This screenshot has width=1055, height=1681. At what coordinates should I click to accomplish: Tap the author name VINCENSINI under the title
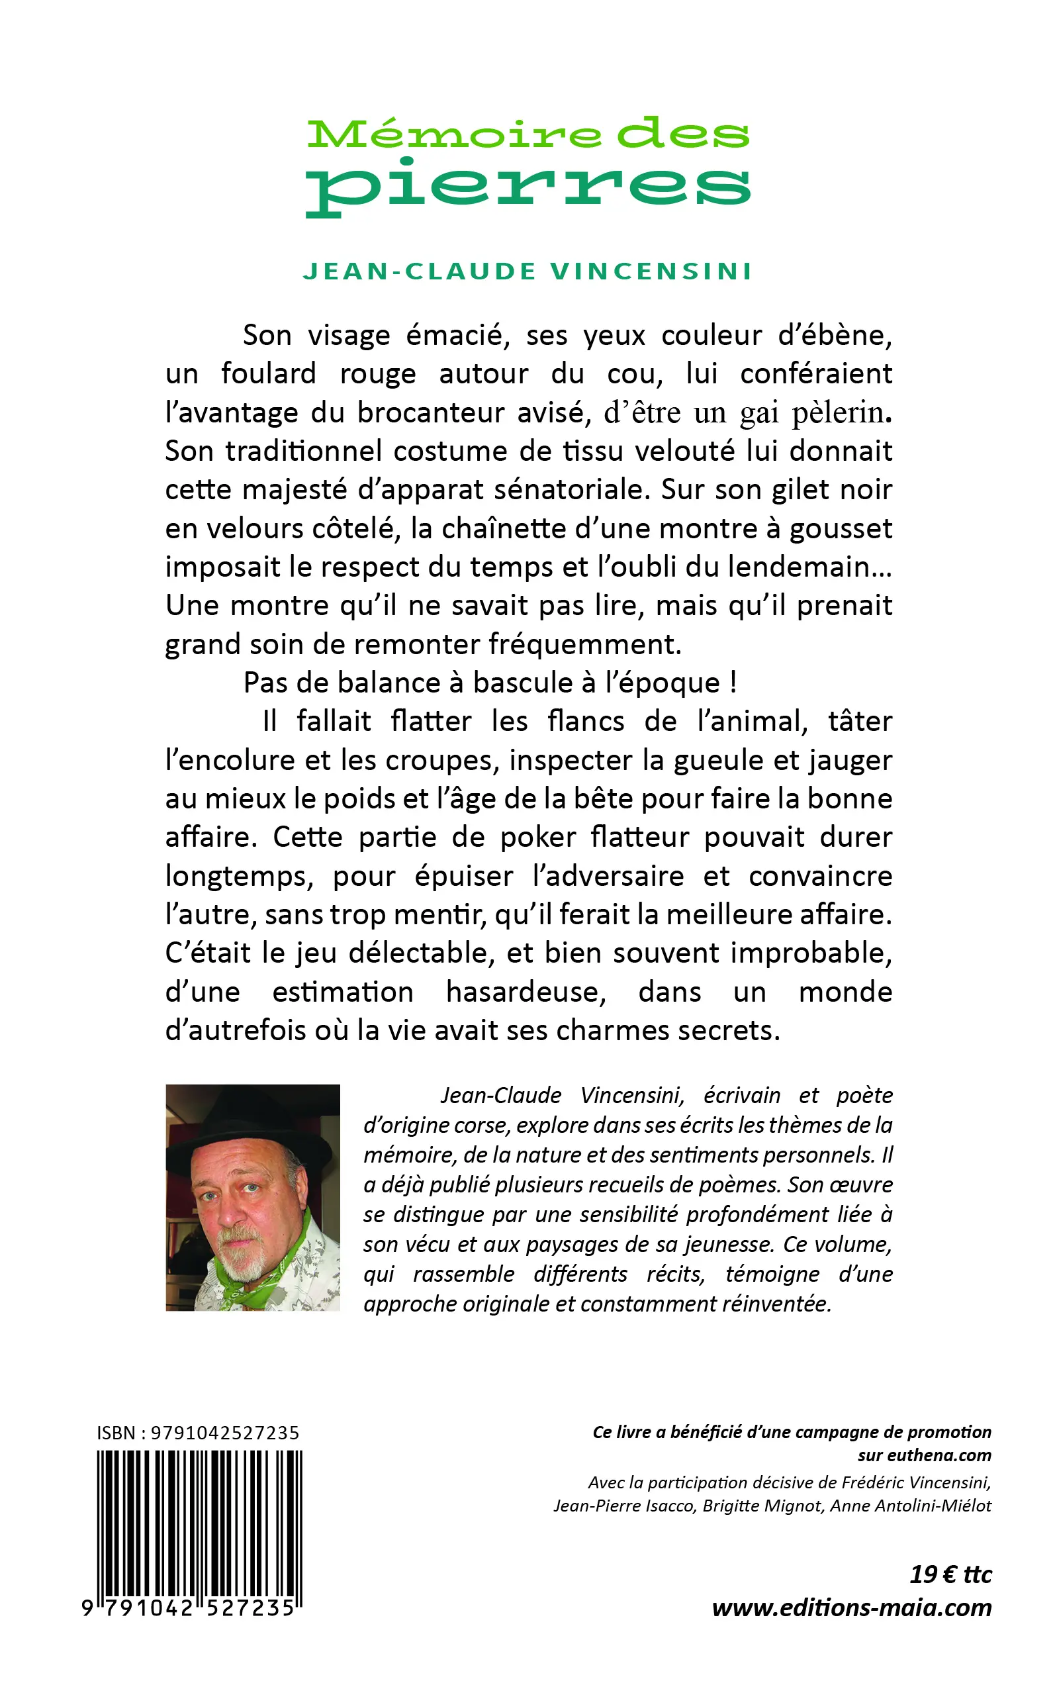click(x=652, y=271)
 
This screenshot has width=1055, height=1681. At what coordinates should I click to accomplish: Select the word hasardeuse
click(x=526, y=992)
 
